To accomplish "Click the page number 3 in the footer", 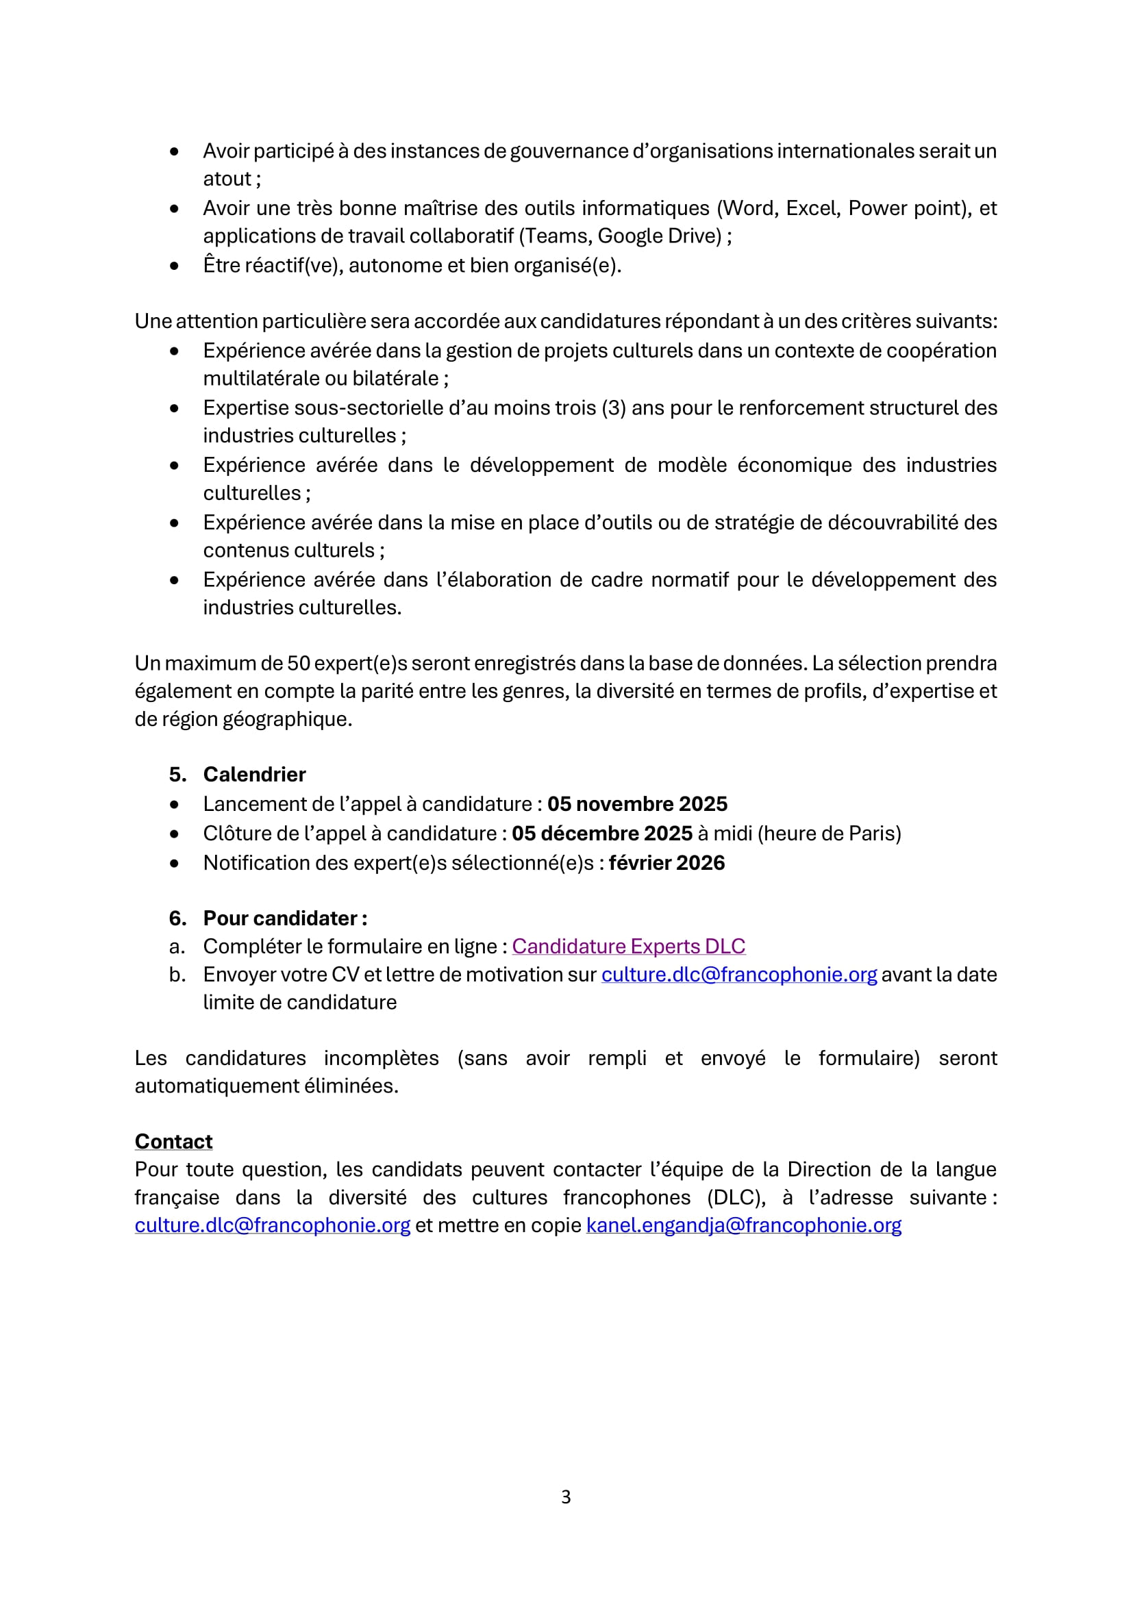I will click(566, 1497).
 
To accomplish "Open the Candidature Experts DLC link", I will click(629, 946).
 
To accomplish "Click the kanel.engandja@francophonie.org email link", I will click(744, 1225).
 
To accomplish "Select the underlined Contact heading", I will click(174, 1142).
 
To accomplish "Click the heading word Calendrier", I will click(255, 775).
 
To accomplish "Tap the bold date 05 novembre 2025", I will click(637, 804).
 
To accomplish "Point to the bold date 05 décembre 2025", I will click(602, 833).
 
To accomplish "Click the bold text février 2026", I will click(667, 863).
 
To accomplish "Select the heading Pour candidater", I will click(285, 918).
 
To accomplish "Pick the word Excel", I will click(811, 208).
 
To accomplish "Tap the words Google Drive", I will click(659, 236).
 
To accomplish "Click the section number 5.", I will click(177, 775).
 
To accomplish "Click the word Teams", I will click(556, 236).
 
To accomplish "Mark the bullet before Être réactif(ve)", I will click(175, 266).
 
